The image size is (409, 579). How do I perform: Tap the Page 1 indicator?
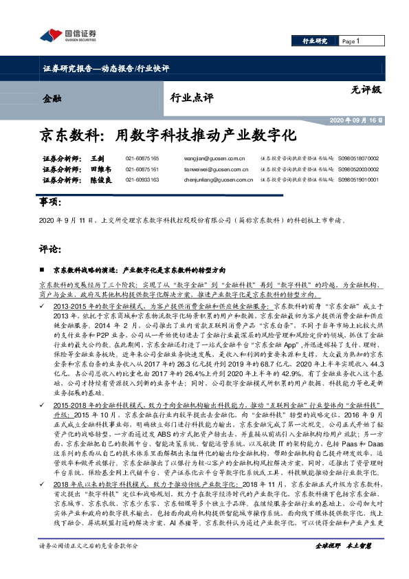[351, 41]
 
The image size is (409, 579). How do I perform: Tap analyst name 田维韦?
[100, 169]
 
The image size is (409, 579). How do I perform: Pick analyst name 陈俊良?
[100, 180]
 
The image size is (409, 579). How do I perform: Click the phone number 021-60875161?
[142, 169]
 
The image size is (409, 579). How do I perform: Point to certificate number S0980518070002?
[358, 158]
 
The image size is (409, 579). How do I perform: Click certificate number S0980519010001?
[358, 180]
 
